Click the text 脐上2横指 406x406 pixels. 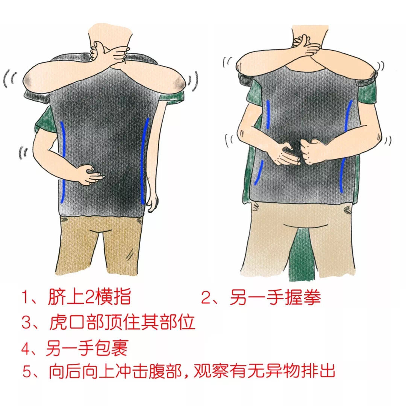pyautogui.click(x=89, y=298)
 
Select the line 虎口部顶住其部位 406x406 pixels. pyautogui.click(x=122, y=322)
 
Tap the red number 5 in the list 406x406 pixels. pyautogui.click(x=27, y=373)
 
